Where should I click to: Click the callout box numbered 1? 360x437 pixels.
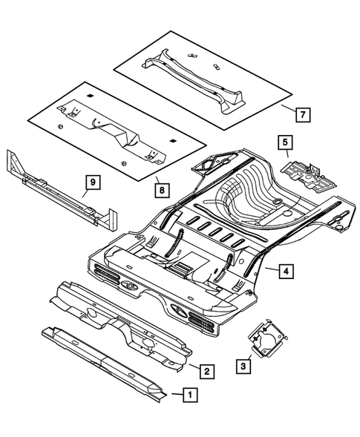(x=192, y=395)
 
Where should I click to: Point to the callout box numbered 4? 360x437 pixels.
(x=285, y=272)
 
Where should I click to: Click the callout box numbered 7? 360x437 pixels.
(x=302, y=115)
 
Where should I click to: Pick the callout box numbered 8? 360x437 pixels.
(x=161, y=190)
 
